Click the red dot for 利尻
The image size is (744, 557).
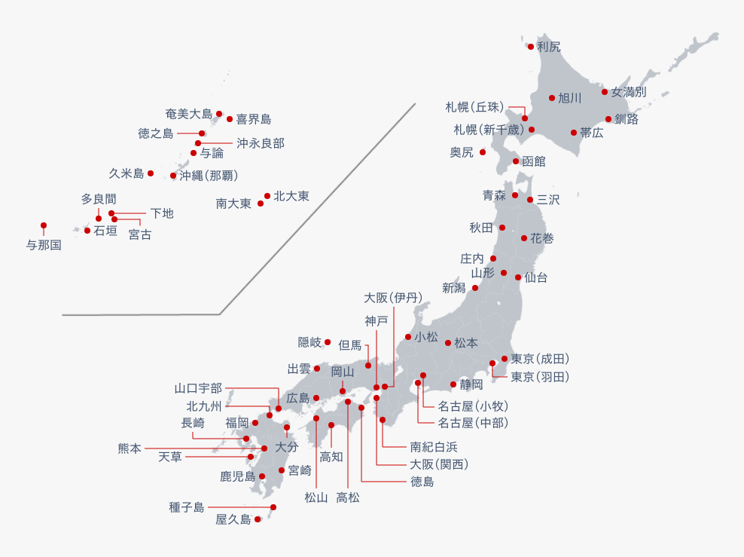pyautogui.click(x=530, y=47)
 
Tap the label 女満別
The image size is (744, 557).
pyautogui.click(x=629, y=92)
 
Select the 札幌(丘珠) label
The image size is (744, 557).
pyautogui.click(x=474, y=107)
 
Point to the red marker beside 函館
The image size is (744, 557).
pyautogui.click(x=516, y=161)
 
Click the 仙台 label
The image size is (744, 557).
pyautogui.click(x=535, y=277)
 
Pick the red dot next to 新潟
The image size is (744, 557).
pyautogui.click(x=475, y=288)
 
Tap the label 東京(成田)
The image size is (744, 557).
pyautogui.click(x=540, y=359)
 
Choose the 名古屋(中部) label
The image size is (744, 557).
pyautogui.click(x=473, y=423)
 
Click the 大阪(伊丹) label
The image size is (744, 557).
pyautogui.click(x=393, y=298)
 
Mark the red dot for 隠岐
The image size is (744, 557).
pyautogui.click(x=328, y=342)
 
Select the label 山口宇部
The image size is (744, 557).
pyautogui.click(x=198, y=388)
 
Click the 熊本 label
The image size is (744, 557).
pyautogui.click(x=130, y=448)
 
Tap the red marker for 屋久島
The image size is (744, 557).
pyautogui.click(x=258, y=519)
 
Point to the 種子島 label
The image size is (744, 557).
pyautogui.click(x=187, y=507)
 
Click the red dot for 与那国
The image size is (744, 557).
pyautogui.click(x=44, y=225)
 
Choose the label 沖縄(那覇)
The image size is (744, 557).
pyautogui.click(x=209, y=176)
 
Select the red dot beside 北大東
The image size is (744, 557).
pyautogui.click(x=267, y=196)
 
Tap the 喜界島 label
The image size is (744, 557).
pyautogui.click(x=254, y=119)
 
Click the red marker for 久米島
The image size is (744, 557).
pyautogui.click(x=151, y=173)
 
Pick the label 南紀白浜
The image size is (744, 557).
pyautogui.click(x=434, y=447)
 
